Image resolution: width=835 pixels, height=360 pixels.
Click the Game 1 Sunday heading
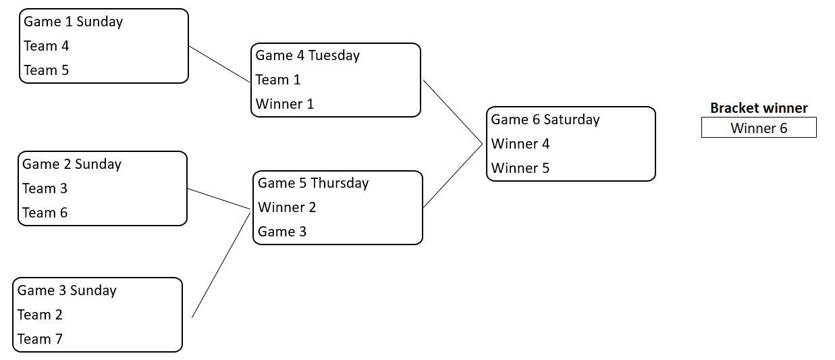point(73,22)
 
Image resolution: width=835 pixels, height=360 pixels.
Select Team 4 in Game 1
point(46,46)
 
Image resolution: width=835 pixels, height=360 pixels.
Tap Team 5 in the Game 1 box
point(46,70)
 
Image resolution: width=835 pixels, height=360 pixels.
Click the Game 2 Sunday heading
point(72,164)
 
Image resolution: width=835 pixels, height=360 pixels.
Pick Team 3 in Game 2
point(45,188)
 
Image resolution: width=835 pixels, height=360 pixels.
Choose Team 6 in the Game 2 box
point(45,213)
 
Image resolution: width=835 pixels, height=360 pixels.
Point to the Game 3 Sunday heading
point(67,290)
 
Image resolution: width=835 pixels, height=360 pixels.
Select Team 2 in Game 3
point(40,315)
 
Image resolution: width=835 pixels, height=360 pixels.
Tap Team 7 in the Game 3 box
point(40,339)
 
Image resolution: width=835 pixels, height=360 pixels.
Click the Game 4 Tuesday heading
point(307,55)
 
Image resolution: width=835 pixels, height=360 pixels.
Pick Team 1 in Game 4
point(277,80)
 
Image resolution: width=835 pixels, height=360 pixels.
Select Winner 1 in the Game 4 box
point(284,104)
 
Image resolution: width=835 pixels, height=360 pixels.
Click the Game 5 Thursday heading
point(313,183)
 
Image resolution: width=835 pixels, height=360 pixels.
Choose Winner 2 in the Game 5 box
point(287,207)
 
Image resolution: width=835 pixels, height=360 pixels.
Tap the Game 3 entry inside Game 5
point(282,232)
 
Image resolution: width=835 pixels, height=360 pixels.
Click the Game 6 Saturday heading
point(545,120)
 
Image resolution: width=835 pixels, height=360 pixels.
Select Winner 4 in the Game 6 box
point(520,144)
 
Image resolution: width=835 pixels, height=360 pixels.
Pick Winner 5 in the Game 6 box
point(520,168)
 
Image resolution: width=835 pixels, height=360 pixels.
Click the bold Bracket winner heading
point(759,108)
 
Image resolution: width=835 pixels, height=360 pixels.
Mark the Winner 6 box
point(759,128)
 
